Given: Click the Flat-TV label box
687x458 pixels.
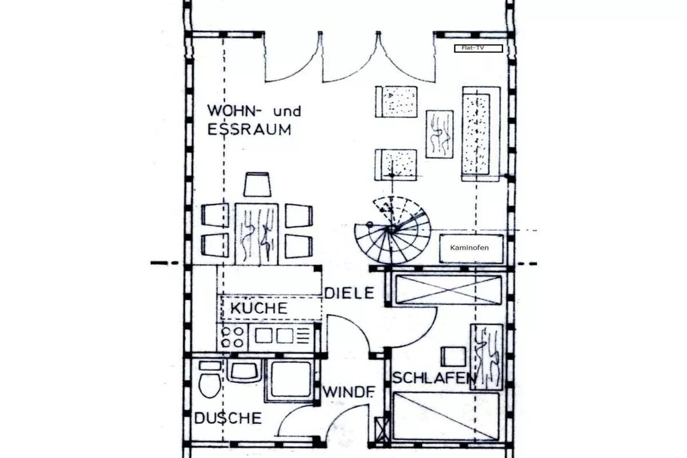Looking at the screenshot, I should pos(478,48).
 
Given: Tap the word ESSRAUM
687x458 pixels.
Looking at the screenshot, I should pos(249,130).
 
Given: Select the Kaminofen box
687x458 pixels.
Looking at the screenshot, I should pos(470,248).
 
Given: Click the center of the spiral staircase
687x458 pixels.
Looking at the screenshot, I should pos(391,230).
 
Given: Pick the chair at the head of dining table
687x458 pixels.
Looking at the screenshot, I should pos(257,184).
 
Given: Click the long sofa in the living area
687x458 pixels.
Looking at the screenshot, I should pos(480,133).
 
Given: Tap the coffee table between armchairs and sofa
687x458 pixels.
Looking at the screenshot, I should pos(439,133).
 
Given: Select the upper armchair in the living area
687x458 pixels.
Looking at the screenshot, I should pos(396,101).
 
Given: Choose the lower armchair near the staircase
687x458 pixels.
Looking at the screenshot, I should pos(396,164).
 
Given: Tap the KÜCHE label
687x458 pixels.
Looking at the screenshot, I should pos(258,308).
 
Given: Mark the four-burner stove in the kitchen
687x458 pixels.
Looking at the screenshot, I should pos(233,337).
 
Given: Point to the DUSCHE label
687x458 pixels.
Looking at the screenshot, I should pos(228,418).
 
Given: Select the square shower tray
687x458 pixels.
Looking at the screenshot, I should pos(290,380).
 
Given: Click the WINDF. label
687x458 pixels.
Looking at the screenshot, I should pos(348,392).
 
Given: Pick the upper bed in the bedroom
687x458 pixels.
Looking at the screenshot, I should pos(448,289).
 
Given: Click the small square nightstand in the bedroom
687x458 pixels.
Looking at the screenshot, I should pos(454,356).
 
